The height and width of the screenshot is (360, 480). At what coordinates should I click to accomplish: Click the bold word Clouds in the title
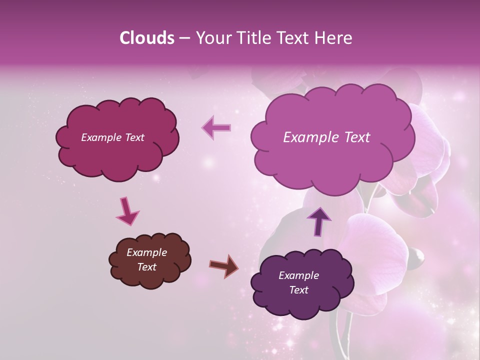point(147,38)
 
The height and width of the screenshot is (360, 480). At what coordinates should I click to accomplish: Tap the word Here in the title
point(333,38)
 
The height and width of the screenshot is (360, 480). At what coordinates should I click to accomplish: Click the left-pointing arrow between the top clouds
point(216,128)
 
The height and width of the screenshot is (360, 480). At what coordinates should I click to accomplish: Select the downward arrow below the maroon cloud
point(127,211)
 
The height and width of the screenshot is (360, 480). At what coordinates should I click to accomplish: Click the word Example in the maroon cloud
point(99,137)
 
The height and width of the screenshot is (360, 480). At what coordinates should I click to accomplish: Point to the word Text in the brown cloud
point(146,267)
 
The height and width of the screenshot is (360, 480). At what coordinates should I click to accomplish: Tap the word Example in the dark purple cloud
point(298,275)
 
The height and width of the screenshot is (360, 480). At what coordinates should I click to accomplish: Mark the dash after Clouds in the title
point(184,38)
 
